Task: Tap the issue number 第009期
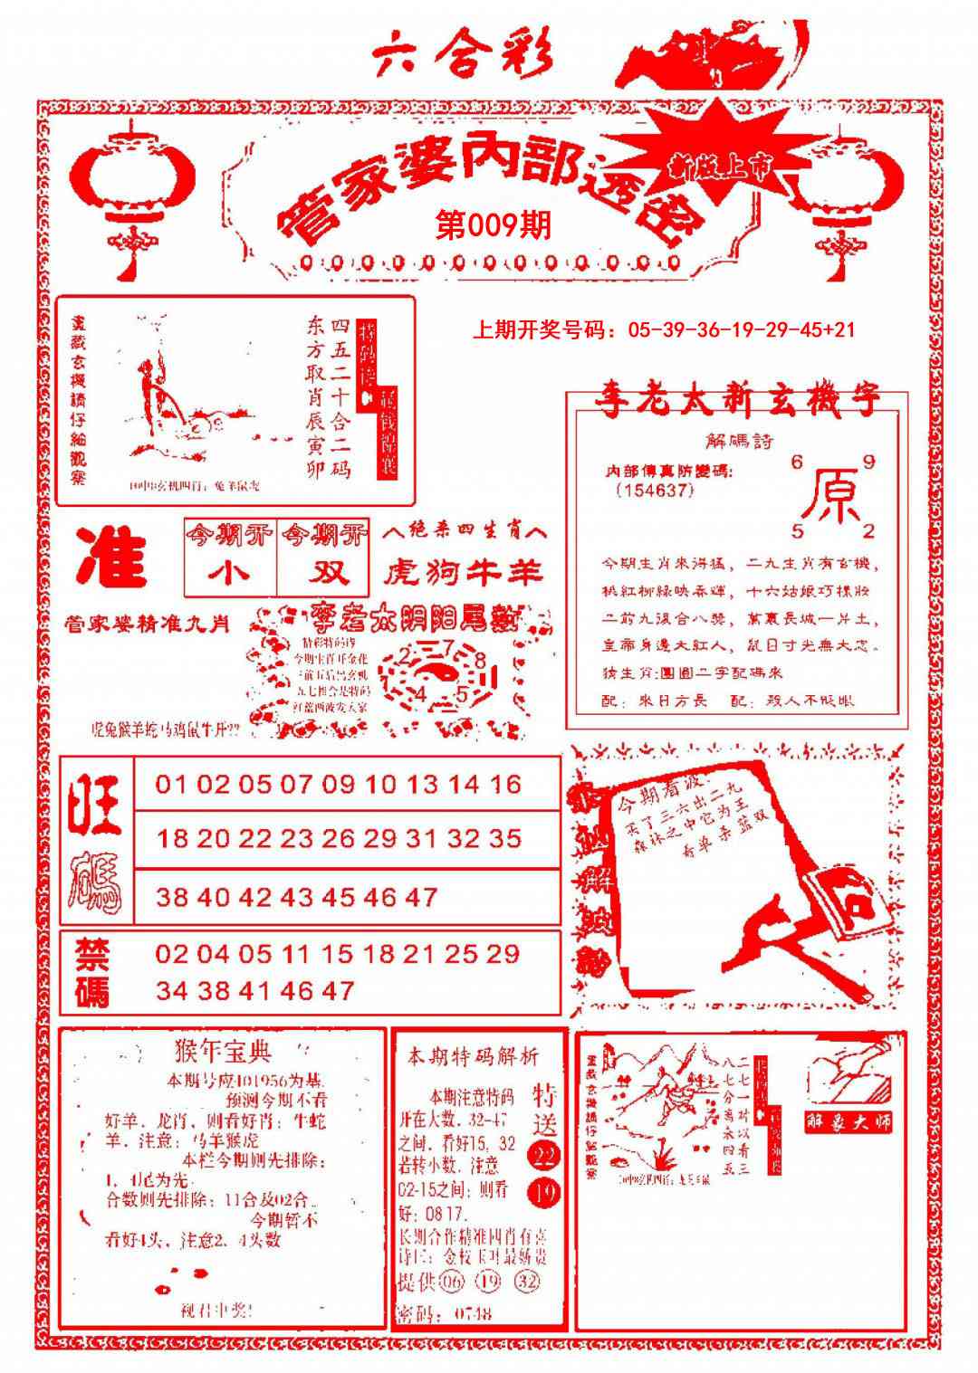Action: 493,225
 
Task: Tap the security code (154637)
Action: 655,490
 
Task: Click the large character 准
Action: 112,558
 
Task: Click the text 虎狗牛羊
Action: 462,572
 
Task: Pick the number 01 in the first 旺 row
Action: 170,784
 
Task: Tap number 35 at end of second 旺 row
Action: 504,839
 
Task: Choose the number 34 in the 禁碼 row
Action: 171,991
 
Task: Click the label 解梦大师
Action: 849,1121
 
